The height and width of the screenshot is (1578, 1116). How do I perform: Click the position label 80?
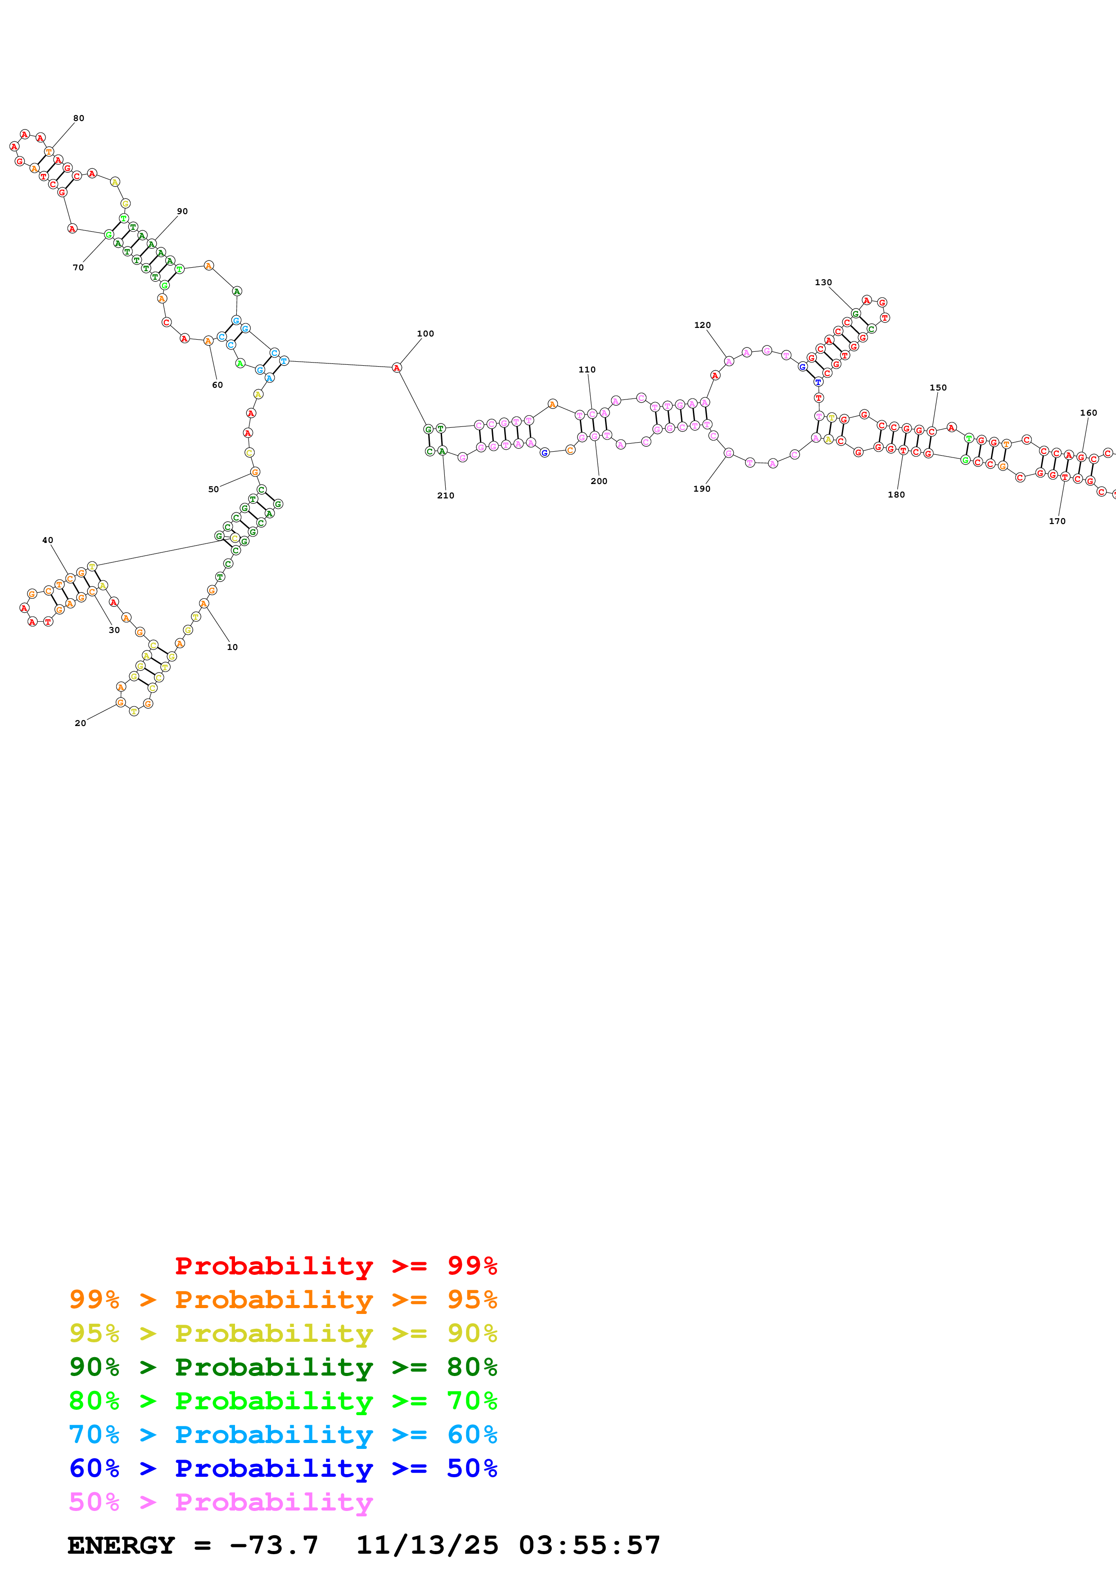(x=79, y=118)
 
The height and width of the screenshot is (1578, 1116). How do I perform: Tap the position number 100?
(x=425, y=334)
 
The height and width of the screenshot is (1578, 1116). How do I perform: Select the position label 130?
(x=823, y=282)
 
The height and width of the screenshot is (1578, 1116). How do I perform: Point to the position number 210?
(x=446, y=496)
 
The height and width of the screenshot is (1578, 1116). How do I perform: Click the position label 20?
(x=81, y=723)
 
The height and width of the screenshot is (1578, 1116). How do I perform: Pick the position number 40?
(x=47, y=540)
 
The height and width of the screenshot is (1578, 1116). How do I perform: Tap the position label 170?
(x=1057, y=521)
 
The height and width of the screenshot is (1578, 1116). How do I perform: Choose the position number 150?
(x=938, y=388)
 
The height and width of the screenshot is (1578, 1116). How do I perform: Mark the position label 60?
(x=217, y=385)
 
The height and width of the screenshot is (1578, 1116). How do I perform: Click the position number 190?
(x=701, y=489)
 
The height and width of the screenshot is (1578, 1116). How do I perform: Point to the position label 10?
(x=232, y=647)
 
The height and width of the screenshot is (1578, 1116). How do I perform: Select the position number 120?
(x=702, y=325)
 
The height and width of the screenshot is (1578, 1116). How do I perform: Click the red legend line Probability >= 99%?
(x=335, y=1265)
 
